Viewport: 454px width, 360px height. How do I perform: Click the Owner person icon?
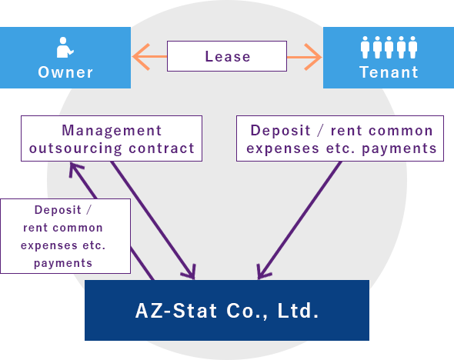pyautogui.click(x=65, y=48)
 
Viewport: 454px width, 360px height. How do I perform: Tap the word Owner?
pyautogui.click(x=65, y=72)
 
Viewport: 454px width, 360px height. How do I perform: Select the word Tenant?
pyautogui.click(x=389, y=72)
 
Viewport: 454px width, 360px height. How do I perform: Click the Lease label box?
pyautogui.click(x=227, y=56)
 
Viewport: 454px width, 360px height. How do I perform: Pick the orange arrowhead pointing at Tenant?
pyautogui.click(x=312, y=57)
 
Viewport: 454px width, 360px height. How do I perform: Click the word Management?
pyautogui.click(x=112, y=130)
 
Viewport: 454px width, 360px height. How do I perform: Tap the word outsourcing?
pyautogui.click(x=75, y=148)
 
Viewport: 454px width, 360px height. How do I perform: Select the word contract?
pyautogui.click(x=162, y=148)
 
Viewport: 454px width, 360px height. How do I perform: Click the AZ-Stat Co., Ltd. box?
pyautogui.click(x=227, y=310)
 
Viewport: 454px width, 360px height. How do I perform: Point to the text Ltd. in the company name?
pyautogui.click(x=298, y=311)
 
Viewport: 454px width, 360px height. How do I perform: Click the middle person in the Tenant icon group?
pyautogui.click(x=389, y=47)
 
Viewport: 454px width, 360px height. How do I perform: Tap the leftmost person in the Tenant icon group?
pyautogui.click(x=365, y=47)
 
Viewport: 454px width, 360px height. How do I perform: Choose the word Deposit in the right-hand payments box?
pyautogui.click(x=280, y=131)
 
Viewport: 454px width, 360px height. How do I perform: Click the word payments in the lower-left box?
pyautogui.click(x=63, y=264)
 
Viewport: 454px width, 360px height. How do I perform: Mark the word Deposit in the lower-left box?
pyautogui.click(x=58, y=210)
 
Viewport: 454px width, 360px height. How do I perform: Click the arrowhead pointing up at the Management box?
pyautogui.click(x=74, y=168)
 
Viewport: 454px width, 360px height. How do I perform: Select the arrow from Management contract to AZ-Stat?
pyautogui.click(x=153, y=221)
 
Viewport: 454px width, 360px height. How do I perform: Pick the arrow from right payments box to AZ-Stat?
pyautogui.click(x=299, y=221)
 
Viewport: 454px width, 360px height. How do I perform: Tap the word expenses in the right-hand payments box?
pyautogui.click(x=282, y=148)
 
